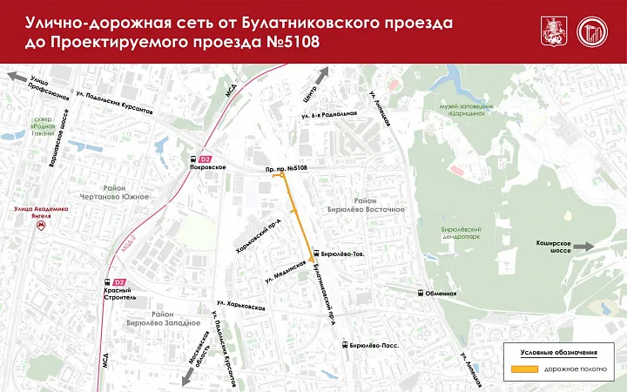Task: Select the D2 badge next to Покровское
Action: (206, 159)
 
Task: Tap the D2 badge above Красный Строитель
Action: (121, 281)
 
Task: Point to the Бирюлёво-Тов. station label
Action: (341, 253)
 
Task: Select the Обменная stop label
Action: (442, 294)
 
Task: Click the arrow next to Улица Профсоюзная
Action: (14, 78)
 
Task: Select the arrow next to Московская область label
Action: (184, 376)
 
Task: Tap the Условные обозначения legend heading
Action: (558, 352)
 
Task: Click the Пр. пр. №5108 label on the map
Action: (287, 166)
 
